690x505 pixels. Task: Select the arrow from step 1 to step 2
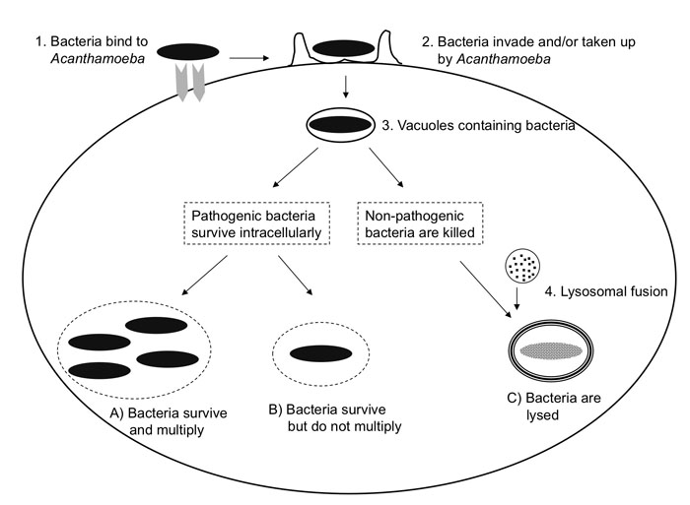point(248,58)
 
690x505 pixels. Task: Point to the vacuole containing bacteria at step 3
point(341,125)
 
